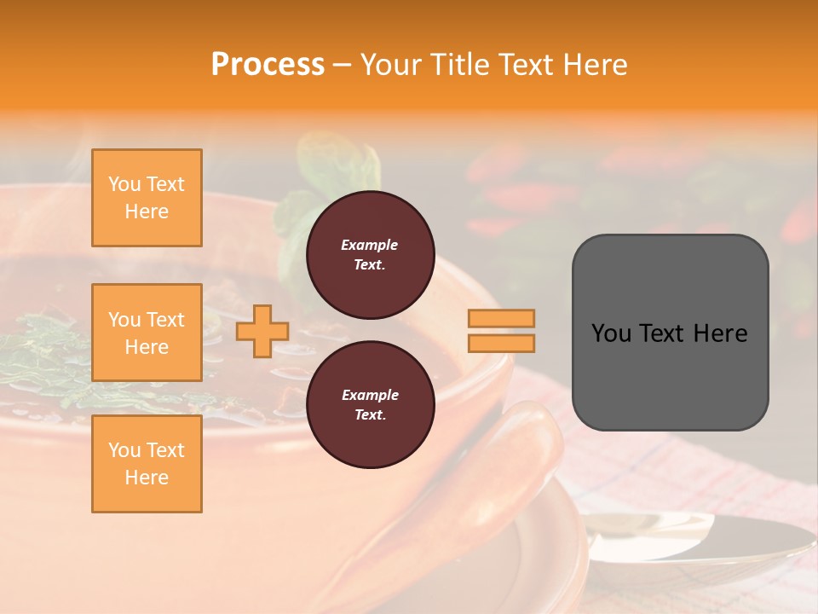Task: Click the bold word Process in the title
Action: click(268, 65)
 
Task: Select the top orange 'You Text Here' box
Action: click(147, 198)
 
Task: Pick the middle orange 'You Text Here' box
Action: click(147, 333)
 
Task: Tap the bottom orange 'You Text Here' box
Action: click(147, 464)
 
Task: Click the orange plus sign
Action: click(262, 331)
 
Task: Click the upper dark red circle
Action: click(370, 255)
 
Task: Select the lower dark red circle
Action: click(370, 405)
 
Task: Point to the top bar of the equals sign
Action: click(501, 318)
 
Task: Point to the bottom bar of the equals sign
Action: click(501, 343)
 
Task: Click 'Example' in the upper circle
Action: click(370, 245)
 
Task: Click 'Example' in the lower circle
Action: click(370, 395)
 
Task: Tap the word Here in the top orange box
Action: click(147, 211)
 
